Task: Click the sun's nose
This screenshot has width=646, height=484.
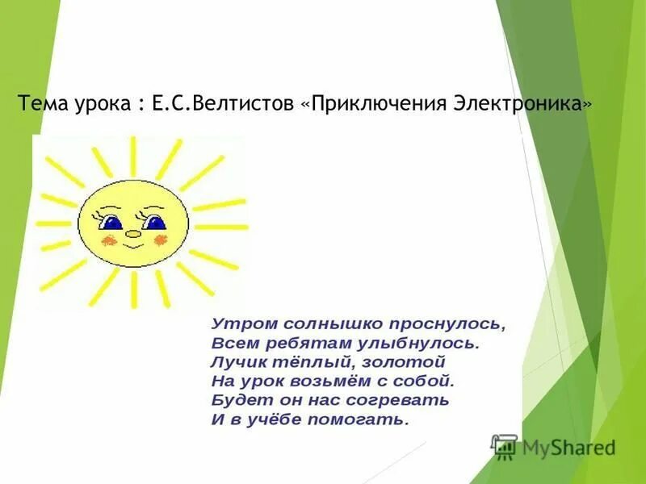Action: coord(132,235)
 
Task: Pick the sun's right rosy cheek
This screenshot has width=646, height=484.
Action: coord(159,240)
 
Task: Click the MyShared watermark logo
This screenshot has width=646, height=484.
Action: coord(553,445)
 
